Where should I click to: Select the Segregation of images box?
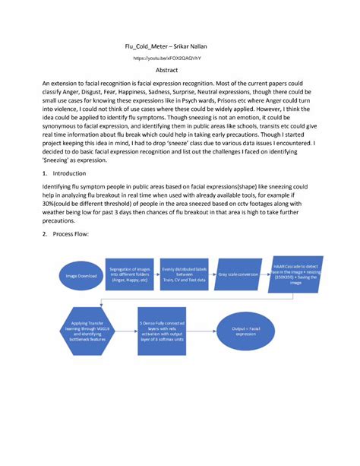click(x=128, y=275)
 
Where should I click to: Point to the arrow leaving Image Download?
click(x=107, y=276)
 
